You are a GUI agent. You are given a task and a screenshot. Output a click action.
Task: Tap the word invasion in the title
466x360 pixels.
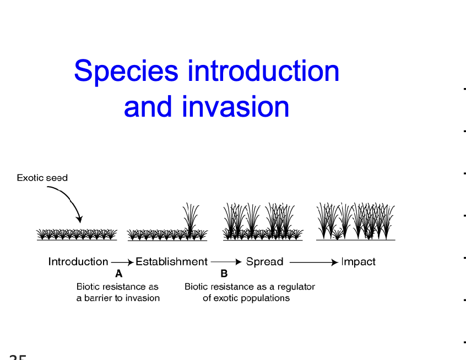click(x=236, y=107)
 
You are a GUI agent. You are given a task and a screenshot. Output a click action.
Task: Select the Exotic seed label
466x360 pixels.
click(x=42, y=178)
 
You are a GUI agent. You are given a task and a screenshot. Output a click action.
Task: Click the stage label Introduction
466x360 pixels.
click(x=78, y=262)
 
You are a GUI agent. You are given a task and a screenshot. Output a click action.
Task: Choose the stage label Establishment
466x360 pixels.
click(x=171, y=262)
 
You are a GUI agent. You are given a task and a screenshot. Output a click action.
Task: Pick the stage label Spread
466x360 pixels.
click(x=264, y=262)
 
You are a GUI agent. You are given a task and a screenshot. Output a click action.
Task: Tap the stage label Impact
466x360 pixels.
click(x=358, y=262)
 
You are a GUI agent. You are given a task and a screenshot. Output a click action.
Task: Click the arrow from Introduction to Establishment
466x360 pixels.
click(x=122, y=263)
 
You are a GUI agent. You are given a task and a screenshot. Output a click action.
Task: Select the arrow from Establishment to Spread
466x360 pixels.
click(x=226, y=263)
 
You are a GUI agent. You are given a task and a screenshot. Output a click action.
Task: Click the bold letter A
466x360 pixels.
click(x=118, y=273)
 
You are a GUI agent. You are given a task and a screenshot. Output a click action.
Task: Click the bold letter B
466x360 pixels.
click(x=224, y=273)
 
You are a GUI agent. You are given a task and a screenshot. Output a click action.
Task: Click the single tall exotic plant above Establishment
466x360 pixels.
click(x=191, y=220)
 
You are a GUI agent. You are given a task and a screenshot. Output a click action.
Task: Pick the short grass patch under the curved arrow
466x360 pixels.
click(x=77, y=234)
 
